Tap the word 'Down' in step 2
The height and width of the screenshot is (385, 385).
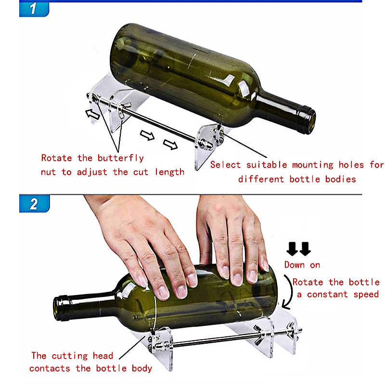pos(295,265)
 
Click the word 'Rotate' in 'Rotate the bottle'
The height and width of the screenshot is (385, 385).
pos(308,282)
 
